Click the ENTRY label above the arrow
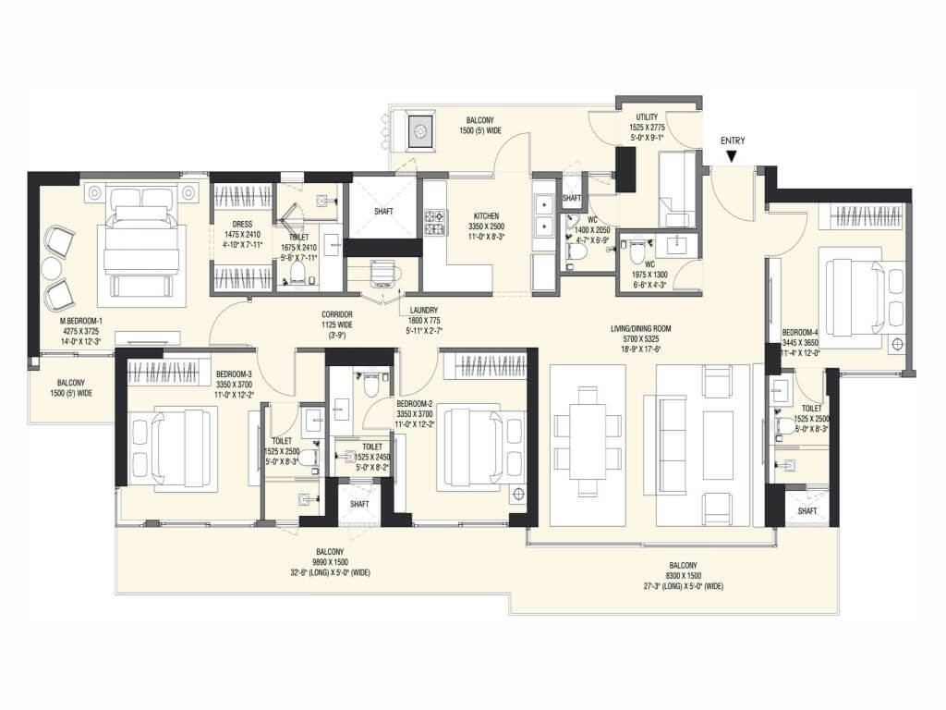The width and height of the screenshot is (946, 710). coord(733,141)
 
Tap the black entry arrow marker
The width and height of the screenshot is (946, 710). coord(733,157)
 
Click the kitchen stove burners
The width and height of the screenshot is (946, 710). coord(434,222)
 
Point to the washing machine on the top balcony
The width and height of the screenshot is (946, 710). coord(420,131)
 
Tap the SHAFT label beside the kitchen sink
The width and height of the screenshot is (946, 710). coord(572,198)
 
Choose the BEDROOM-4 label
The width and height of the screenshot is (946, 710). coord(800,332)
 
